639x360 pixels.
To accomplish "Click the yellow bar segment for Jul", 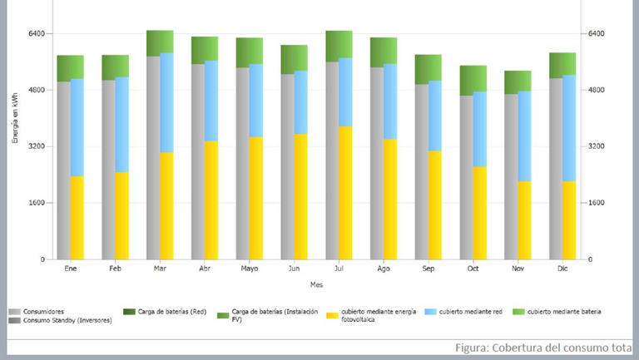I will pyautogui.click(x=345, y=192).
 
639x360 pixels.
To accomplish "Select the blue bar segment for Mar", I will pyautogui.click(x=166, y=102).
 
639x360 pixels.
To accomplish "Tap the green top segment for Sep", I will pyautogui.click(x=428, y=68).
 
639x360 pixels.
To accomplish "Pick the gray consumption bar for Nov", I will pyautogui.click(x=510, y=176).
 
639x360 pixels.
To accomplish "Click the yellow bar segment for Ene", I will pyautogui.click(x=77, y=217).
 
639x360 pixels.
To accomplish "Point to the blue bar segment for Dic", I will pyautogui.click(x=569, y=128).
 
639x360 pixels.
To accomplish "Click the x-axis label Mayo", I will pyautogui.click(x=249, y=269).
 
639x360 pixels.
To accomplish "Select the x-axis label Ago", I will pyautogui.click(x=384, y=269).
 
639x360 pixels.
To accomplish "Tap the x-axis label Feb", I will pyautogui.click(x=115, y=269).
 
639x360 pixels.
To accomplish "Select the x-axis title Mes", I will pyautogui.click(x=317, y=285).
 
